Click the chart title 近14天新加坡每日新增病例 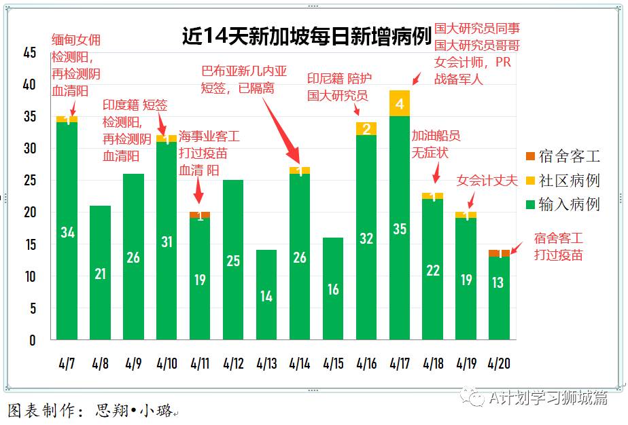coord(307,36)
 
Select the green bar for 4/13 coord(266,295)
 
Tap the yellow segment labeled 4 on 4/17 coord(400,103)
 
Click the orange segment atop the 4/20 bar coord(499,253)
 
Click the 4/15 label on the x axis coord(333,364)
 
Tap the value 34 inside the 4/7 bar coord(67,233)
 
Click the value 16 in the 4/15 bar coord(333,289)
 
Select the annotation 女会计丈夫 coord(487,181)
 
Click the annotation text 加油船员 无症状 coord(430,144)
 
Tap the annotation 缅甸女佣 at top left coord(76,40)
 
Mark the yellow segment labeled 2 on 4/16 coord(366,129)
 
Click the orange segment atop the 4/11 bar coord(200,215)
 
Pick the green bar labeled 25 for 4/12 coord(233,260)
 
